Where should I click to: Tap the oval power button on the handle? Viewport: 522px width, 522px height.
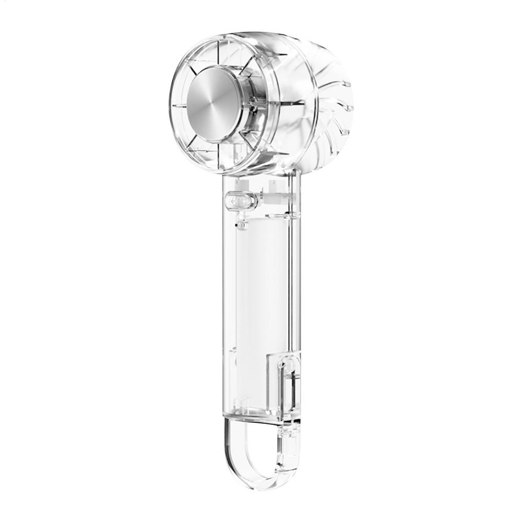coord(240,200)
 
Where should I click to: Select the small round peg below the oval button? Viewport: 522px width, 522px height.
coord(241,224)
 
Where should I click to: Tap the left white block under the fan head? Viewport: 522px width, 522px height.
coord(241,184)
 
